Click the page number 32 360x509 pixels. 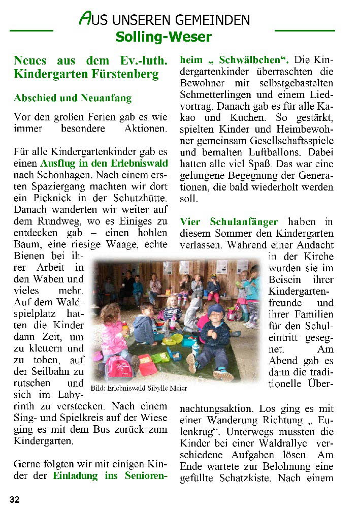tap(14, 499)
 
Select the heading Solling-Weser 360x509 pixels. tap(163, 37)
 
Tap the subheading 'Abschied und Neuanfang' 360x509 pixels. tap(73, 98)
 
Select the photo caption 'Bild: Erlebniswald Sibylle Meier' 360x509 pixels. tap(139, 388)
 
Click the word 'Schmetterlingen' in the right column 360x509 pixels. tap(216, 94)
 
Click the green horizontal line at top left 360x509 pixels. tap(31, 30)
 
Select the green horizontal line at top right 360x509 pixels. tap(305, 30)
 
